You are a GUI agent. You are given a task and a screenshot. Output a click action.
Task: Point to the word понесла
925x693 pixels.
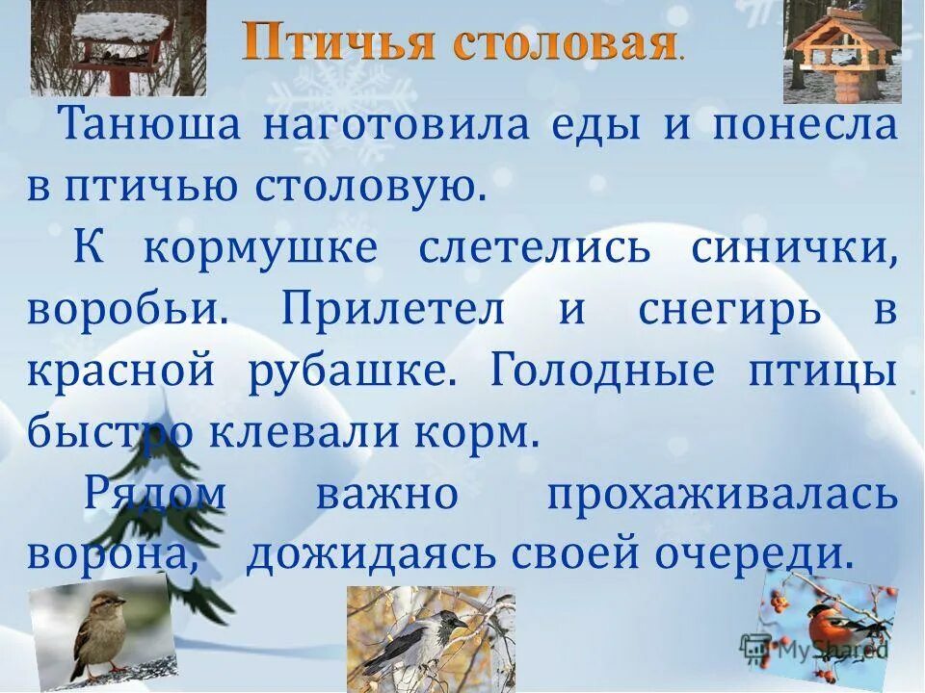804,127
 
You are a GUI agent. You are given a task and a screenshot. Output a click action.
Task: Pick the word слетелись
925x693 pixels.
534,249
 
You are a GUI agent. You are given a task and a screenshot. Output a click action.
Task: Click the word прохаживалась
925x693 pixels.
722,495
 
